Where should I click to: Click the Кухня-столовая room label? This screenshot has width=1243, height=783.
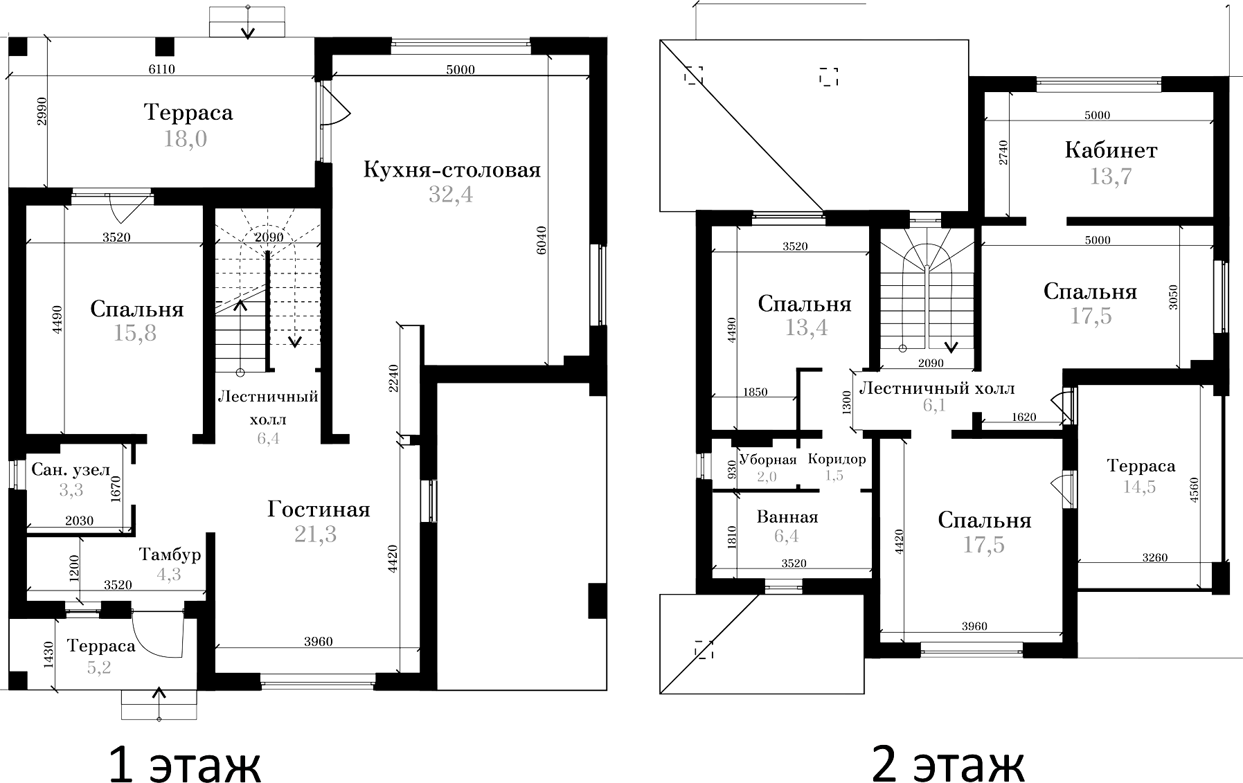point(451,170)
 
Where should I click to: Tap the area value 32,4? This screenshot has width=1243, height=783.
point(450,195)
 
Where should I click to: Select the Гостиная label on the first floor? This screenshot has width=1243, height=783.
point(319,510)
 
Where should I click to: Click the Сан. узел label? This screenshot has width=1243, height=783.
point(71,470)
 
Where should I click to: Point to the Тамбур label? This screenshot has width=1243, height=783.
point(170,555)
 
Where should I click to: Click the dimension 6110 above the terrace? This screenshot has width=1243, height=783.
point(162,69)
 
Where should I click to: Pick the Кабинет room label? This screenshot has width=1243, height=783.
point(1111,150)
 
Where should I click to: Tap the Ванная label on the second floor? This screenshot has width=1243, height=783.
point(787,517)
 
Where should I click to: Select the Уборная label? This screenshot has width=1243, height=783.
point(768,459)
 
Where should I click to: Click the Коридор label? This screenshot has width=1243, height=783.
point(837,459)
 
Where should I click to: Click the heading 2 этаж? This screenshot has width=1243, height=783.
point(948,764)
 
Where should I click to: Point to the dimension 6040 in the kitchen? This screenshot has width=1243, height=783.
point(542,240)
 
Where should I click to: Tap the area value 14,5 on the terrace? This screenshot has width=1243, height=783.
point(1139,487)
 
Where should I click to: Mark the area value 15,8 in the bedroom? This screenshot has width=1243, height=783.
point(135,333)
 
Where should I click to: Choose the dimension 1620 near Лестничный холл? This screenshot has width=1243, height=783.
point(1023,417)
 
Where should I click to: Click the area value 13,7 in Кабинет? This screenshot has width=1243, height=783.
point(1110,177)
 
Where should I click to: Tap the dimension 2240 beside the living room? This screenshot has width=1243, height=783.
point(393,378)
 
